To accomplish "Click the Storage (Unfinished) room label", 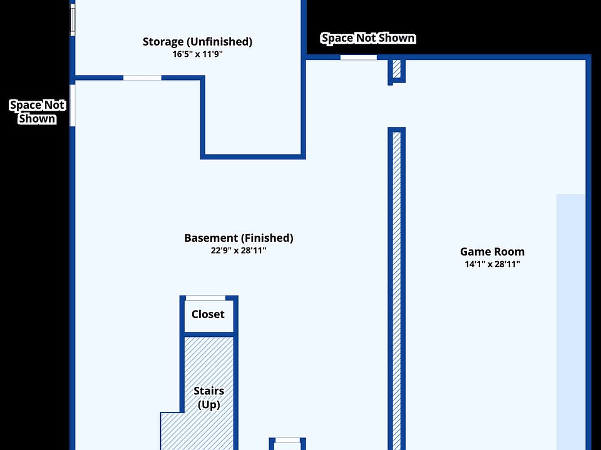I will (x=197, y=42).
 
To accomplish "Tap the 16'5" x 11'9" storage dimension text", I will (x=197, y=54).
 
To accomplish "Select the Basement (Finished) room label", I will (x=239, y=238).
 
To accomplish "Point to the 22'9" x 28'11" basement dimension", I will (x=239, y=251).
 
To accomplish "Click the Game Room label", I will (x=492, y=252).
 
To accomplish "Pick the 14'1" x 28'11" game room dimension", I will (x=492, y=264).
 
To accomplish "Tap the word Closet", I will (x=208, y=314).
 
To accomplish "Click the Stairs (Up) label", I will (x=208, y=397).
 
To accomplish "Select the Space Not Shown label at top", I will (x=367, y=38).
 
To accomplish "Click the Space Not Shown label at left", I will (x=37, y=112).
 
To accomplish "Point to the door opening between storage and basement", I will (x=142, y=78).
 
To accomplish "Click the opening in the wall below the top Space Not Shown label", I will (x=359, y=57).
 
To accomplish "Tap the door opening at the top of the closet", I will (x=205, y=298).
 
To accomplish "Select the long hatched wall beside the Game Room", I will (x=396, y=287).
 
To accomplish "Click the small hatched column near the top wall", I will (x=396, y=69).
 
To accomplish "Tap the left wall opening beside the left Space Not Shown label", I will (x=73, y=105).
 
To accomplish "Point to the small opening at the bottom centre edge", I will (x=288, y=441).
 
